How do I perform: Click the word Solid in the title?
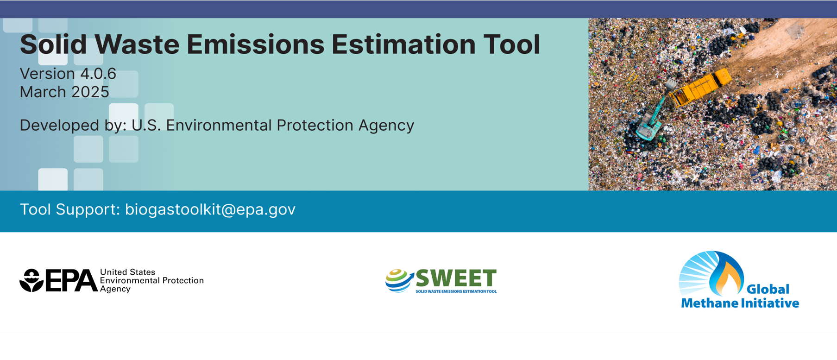pos(53,44)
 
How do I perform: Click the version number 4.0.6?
pos(98,74)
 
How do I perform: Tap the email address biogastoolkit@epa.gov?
pos(210,209)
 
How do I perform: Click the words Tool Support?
pos(70,209)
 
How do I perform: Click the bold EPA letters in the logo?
pos(72,280)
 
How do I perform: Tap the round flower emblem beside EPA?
pos(31,280)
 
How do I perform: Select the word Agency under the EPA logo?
pos(115,289)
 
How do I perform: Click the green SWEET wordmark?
pos(456,278)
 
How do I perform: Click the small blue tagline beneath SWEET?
pos(456,291)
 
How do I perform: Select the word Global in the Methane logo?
pos(768,290)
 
